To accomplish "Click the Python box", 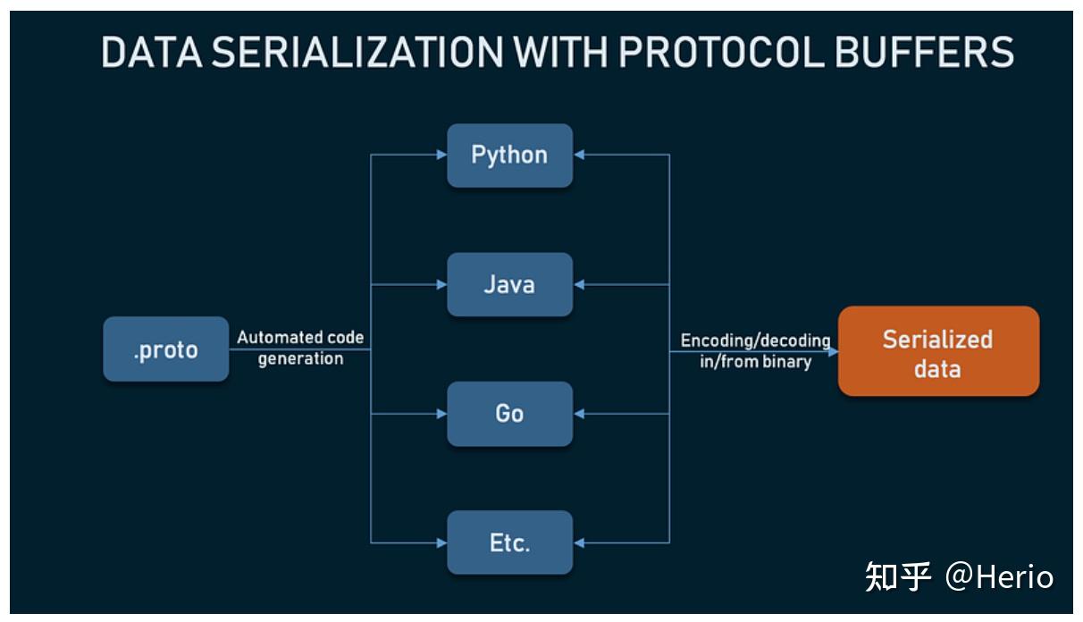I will (509, 155).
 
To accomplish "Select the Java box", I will (509, 284).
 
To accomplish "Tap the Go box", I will (509, 414).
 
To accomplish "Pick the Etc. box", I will (509, 542).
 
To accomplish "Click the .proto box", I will (166, 349).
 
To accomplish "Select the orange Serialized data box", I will (938, 351).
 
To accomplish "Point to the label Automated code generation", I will (300, 349).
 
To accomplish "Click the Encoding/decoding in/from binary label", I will (755, 351).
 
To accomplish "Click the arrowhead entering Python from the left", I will (441, 155).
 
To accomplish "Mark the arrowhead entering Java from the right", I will (579, 285).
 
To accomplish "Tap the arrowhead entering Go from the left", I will (441, 414).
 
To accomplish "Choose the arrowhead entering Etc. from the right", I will (579, 542).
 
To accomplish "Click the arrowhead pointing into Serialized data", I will (833, 351).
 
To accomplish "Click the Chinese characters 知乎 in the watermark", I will (898, 577).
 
